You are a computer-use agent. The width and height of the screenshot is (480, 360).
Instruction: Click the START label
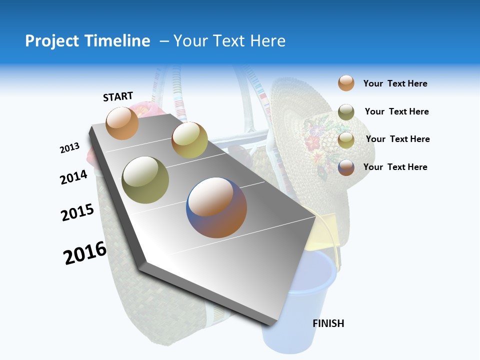[118, 96]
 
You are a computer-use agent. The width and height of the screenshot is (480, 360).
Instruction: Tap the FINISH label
[328, 323]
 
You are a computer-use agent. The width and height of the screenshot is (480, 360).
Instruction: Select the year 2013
[69, 148]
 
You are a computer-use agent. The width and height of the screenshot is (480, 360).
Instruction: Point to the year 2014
[73, 177]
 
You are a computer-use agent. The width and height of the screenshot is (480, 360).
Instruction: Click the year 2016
[85, 253]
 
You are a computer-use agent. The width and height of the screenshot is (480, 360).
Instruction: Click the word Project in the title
[53, 41]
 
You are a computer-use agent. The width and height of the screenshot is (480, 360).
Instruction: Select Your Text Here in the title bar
[229, 41]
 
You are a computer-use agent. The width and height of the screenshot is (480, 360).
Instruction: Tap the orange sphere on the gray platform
[122, 123]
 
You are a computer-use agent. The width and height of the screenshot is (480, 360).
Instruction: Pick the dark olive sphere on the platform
[145, 180]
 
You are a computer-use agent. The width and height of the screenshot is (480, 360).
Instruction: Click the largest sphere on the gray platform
[216, 207]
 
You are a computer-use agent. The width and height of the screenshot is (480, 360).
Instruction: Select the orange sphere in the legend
[346, 83]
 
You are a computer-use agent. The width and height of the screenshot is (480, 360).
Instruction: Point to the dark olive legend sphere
[346, 112]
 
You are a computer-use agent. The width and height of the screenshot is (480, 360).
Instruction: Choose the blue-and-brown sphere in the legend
[346, 167]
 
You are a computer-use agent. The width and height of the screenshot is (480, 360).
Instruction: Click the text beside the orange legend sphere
[395, 83]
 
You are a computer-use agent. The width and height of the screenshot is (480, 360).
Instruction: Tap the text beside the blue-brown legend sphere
[395, 167]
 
